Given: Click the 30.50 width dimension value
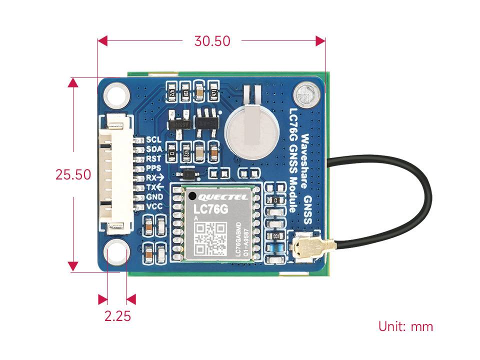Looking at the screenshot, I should click(x=212, y=41).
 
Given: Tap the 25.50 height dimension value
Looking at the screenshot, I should click(x=73, y=174).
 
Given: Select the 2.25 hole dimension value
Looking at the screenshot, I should click(x=117, y=316).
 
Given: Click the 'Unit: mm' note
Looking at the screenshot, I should click(x=405, y=326).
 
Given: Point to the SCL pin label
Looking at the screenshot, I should click(x=153, y=140).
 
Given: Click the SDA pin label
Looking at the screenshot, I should click(x=153, y=149).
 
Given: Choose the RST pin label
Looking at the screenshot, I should click(x=153, y=159).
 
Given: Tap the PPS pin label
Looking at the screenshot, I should click(x=153, y=168).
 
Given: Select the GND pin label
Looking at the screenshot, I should click(x=153, y=197).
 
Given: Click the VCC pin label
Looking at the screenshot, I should click(x=153, y=206).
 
